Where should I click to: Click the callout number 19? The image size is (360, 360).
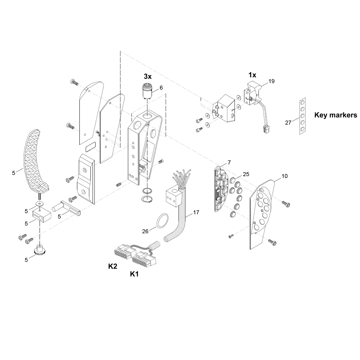point(272,81)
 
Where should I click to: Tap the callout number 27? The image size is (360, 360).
point(288,123)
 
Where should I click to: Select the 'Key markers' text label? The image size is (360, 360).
point(336,115)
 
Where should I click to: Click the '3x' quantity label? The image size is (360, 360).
point(148,76)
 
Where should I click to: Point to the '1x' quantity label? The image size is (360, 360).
point(252,75)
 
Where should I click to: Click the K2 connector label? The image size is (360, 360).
point(113,266)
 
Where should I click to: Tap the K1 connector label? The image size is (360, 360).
point(134,274)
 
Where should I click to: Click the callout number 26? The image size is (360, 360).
point(145,231)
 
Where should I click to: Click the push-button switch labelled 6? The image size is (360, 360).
point(147,92)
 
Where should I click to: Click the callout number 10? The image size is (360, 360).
point(284,176)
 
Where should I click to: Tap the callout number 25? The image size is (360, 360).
point(246,174)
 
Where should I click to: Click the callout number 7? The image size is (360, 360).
point(229,163)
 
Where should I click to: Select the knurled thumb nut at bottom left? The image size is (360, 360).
point(40,250)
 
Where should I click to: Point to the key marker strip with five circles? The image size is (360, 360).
point(302,116)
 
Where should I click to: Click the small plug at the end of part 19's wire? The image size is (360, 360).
point(266,129)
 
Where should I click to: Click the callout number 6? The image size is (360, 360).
point(161,88)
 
